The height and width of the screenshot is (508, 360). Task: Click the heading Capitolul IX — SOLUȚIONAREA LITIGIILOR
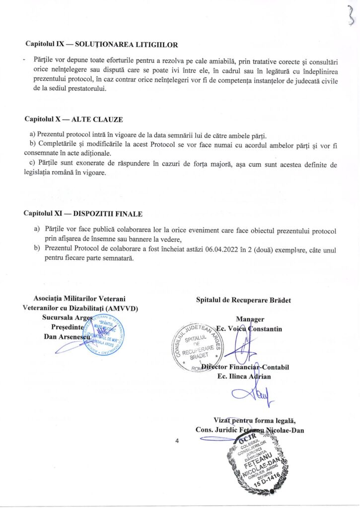click(x=101, y=44)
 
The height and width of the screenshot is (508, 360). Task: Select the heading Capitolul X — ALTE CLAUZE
click(x=73, y=120)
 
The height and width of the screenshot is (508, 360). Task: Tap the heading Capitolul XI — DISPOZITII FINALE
click(x=83, y=213)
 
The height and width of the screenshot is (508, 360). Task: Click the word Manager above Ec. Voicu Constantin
click(x=250, y=319)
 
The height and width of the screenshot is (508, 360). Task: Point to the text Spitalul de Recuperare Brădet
click(x=243, y=300)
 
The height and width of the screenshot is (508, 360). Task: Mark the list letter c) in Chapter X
click(x=33, y=164)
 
